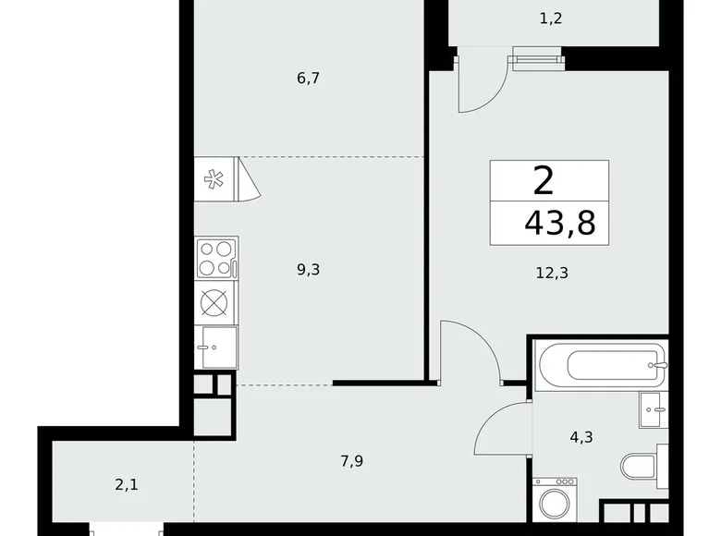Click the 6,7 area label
coord(308,79)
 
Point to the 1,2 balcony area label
coord(551,18)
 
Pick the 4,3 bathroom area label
coord(582,437)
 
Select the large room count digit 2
coord(544,179)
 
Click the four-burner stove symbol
coord(215,258)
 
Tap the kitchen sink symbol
coord(215,347)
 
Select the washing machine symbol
coord(555,503)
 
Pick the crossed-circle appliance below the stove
coord(215,303)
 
